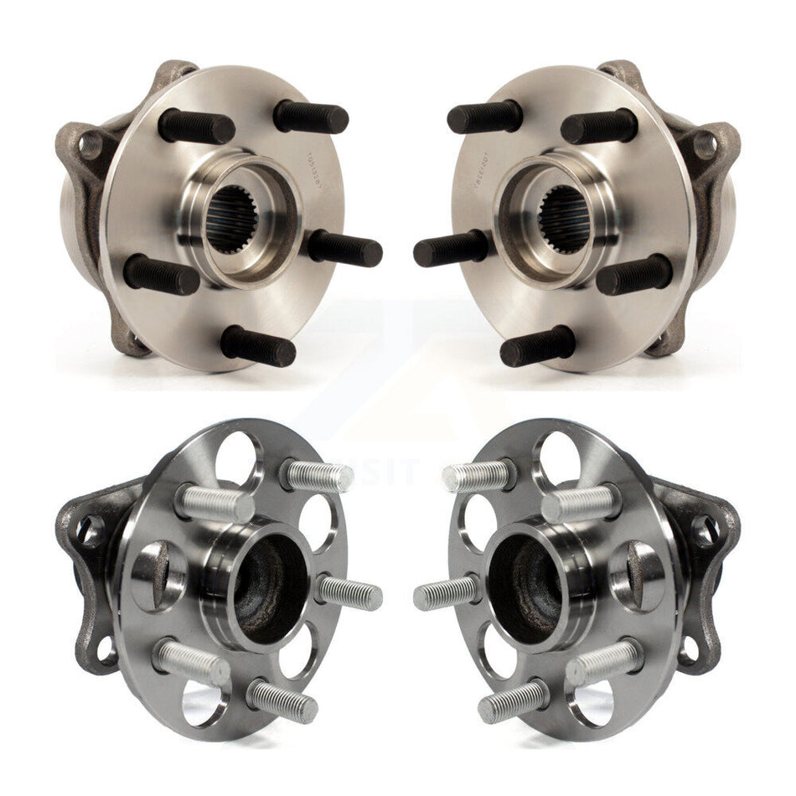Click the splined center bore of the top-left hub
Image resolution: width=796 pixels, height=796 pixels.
coord(232,220)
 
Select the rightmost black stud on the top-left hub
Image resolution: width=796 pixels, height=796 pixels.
coord(345,249)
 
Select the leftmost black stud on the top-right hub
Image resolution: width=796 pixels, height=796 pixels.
coord(450,249)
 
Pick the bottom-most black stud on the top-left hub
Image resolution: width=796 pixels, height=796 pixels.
coord(258,346)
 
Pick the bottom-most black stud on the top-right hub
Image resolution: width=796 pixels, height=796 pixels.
coord(538,346)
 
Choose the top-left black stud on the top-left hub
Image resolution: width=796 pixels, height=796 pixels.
coord(196,127)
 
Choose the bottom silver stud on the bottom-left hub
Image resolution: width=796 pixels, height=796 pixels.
coord(282,701)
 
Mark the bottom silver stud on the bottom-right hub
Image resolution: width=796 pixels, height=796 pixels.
coord(513,701)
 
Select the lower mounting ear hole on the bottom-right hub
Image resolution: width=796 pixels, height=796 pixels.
coord(690,647)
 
